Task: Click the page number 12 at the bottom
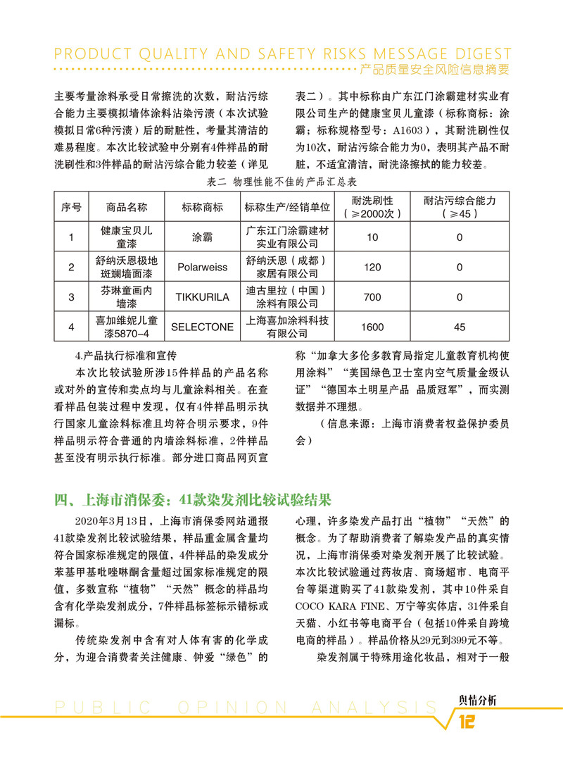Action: (468, 722)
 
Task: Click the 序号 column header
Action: (71, 208)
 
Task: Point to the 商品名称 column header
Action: (127, 208)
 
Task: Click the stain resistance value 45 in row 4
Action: (460, 327)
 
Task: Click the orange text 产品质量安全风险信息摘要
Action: (433, 70)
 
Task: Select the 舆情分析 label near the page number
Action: (472, 700)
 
